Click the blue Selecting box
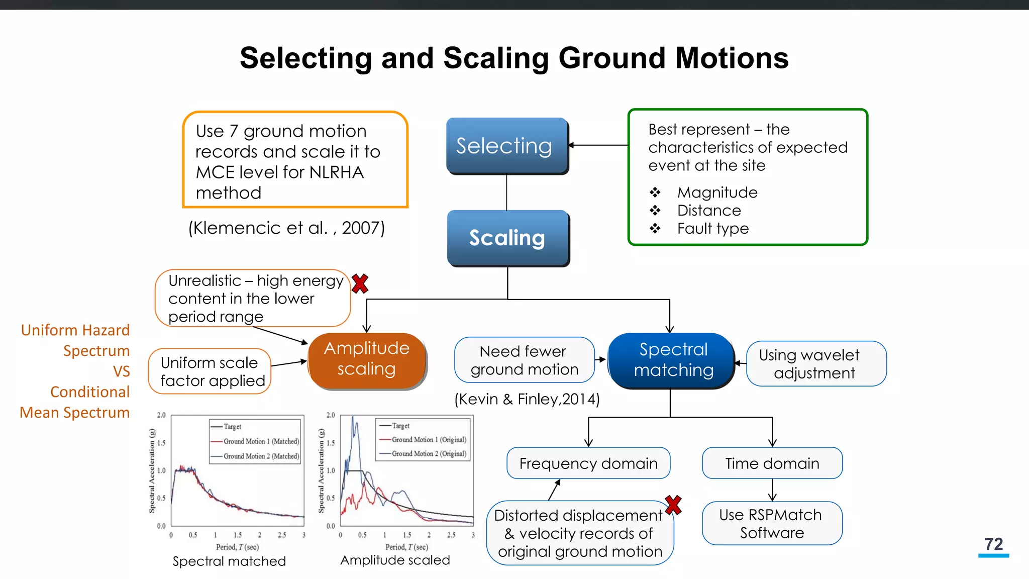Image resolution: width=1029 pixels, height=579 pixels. click(x=506, y=146)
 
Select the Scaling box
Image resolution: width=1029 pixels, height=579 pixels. click(x=507, y=238)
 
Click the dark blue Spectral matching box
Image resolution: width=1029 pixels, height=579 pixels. click(x=672, y=360)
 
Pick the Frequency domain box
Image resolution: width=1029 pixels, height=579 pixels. click(x=588, y=463)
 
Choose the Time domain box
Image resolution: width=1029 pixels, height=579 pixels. click(x=772, y=463)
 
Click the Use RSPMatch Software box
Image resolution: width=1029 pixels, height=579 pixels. click(x=772, y=524)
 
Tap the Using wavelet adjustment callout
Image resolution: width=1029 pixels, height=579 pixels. click(x=816, y=364)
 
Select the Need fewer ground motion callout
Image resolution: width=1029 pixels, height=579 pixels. click(x=524, y=360)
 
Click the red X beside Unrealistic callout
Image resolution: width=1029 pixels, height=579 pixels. click(x=360, y=284)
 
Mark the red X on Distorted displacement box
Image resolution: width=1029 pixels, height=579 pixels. click(x=673, y=505)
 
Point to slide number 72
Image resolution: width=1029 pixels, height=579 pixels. click(x=993, y=544)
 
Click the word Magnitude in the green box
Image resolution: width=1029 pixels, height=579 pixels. click(x=717, y=192)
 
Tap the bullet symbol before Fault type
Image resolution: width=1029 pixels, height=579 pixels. click(x=655, y=229)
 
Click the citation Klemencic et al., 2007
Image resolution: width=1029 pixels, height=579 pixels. click(x=286, y=228)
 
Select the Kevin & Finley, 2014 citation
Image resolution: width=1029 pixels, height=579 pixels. click(x=527, y=399)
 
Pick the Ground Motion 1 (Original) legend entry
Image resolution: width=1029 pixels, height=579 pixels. click(x=429, y=440)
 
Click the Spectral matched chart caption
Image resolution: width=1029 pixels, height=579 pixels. click(x=229, y=561)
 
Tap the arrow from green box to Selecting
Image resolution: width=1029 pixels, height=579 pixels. click(x=598, y=145)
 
